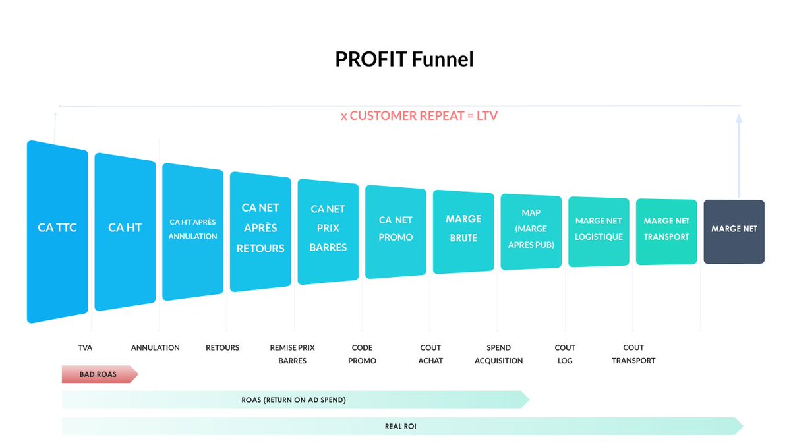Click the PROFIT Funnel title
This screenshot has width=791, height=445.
(x=404, y=59)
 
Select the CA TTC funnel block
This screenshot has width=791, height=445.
(x=57, y=231)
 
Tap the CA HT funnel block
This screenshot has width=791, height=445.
(x=125, y=231)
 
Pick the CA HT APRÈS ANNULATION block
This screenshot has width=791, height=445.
(x=192, y=231)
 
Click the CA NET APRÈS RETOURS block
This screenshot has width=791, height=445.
(x=260, y=231)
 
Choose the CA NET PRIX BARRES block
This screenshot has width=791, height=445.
(x=328, y=231)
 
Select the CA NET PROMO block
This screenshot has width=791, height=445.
(x=395, y=231)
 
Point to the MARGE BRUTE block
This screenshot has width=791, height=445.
(x=463, y=231)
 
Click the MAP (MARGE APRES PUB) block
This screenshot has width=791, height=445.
(x=531, y=231)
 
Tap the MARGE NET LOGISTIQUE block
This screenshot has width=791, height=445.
(x=599, y=231)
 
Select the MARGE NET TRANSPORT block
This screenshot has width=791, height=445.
(x=666, y=231)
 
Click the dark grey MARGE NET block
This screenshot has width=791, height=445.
(x=734, y=231)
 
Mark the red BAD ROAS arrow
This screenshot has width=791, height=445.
(x=99, y=374)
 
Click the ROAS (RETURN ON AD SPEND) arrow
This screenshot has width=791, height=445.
(x=294, y=400)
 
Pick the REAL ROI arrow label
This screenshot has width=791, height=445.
(x=400, y=427)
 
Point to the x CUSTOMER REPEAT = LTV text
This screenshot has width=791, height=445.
(x=419, y=116)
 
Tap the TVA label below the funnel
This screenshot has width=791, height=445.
(x=84, y=347)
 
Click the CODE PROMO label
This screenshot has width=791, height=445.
(x=362, y=354)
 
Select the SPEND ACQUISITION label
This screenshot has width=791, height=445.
(x=498, y=354)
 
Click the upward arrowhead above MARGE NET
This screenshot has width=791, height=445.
(x=739, y=119)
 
